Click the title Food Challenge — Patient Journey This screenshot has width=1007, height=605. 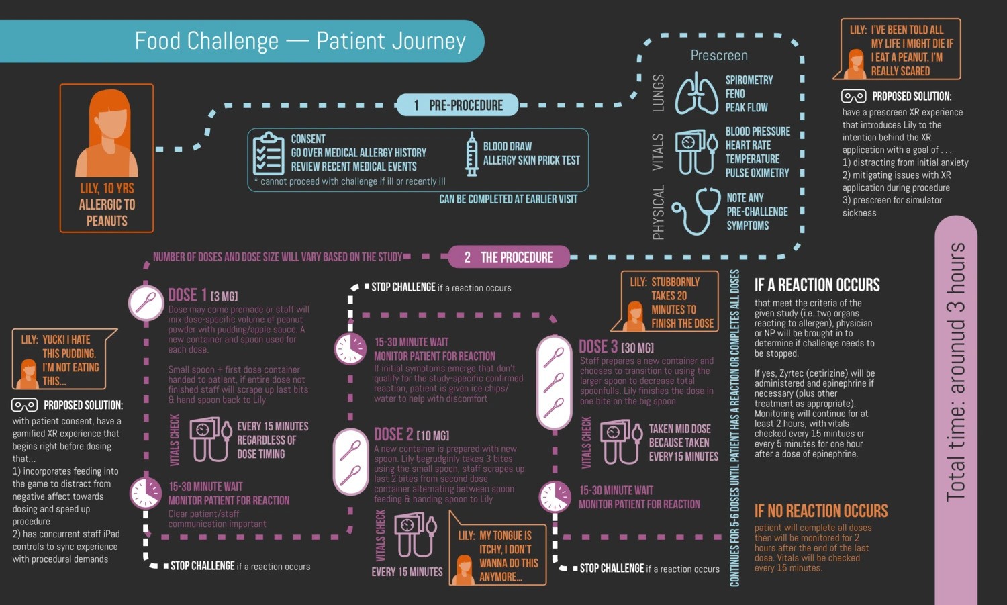pos(300,41)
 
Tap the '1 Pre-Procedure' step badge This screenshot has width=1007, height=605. pos(459,105)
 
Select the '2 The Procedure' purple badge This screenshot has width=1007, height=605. pos(509,257)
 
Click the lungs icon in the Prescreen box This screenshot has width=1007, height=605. pos(696,93)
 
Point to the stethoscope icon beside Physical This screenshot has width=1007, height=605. pos(696,211)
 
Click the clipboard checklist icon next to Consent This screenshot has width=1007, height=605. pos(269,153)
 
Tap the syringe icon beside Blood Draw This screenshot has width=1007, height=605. pos(472,154)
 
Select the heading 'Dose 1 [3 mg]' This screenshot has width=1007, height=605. pos(203,295)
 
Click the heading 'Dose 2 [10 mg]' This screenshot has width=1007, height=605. pos(411,434)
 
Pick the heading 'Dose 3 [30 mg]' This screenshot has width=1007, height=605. pos(616,346)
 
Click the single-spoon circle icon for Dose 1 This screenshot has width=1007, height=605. pos(146,303)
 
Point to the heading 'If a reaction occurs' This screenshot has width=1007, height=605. pos(816,285)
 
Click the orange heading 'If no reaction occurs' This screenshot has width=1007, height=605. pos(820,511)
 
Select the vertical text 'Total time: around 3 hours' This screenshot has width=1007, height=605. pos(955,371)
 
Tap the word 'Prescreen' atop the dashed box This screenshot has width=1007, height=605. pos(719,56)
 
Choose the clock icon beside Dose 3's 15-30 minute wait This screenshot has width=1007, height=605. pos(555,497)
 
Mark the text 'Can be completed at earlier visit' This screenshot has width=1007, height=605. pos(508,199)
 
